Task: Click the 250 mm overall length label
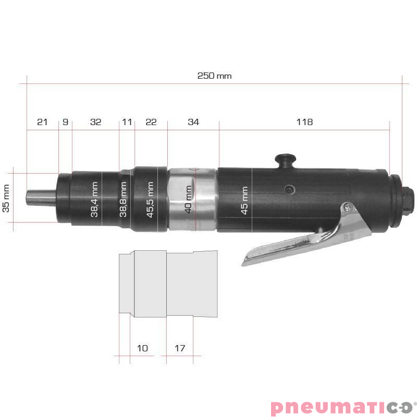pyautogui.click(x=214, y=76)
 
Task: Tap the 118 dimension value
pyautogui.click(x=304, y=122)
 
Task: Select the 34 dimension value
pyautogui.click(x=193, y=122)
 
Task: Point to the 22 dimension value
pyautogui.click(x=151, y=122)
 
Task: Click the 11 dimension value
pyautogui.click(x=127, y=122)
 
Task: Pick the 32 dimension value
pyautogui.click(x=95, y=122)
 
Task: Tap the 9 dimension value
pyautogui.click(x=65, y=122)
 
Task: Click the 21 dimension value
pyautogui.click(x=42, y=122)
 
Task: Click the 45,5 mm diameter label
pyautogui.click(x=151, y=199)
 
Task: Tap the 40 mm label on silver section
pyautogui.click(x=188, y=199)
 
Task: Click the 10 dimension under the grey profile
pyautogui.click(x=142, y=348)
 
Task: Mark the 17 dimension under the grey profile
pyautogui.click(x=180, y=348)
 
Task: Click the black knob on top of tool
pyautogui.click(x=285, y=159)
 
